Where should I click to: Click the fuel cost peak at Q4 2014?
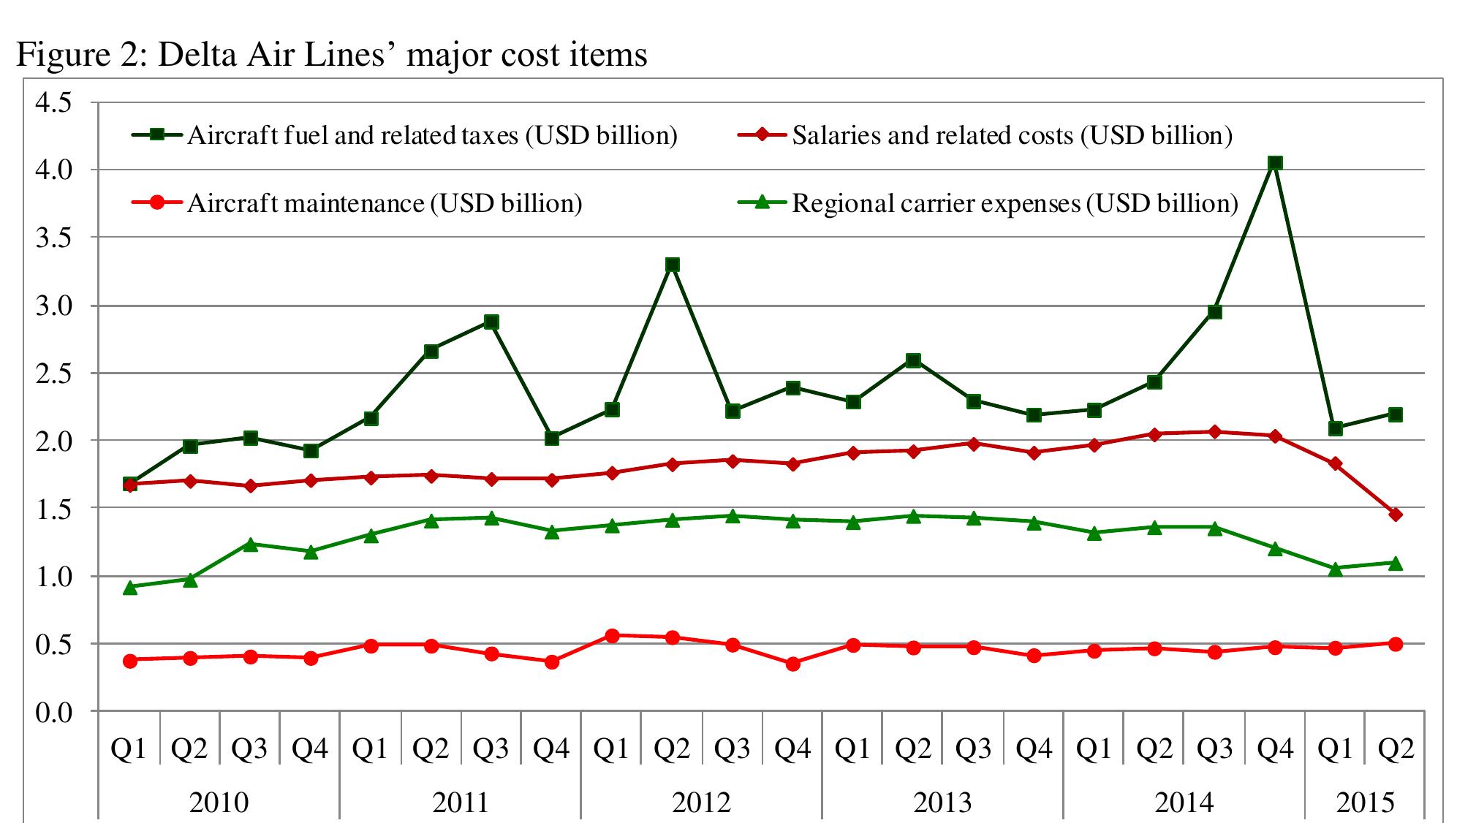tap(1275, 163)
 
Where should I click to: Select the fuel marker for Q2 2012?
tap(673, 265)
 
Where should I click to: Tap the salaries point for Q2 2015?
tap(1395, 515)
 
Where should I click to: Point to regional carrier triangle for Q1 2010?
tap(130, 587)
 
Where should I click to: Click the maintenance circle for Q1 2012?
tap(612, 636)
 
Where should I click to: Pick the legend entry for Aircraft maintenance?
tap(385, 203)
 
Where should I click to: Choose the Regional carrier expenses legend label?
tap(1015, 203)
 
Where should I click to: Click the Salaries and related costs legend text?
tap(1012, 135)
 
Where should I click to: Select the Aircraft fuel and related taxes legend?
tap(431, 135)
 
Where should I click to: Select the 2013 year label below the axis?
tap(942, 802)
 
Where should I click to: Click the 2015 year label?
tap(1365, 802)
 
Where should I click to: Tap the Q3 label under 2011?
tap(491, 748)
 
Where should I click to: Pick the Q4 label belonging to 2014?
tap(1275, 748)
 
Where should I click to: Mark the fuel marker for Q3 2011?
tap(491, 322)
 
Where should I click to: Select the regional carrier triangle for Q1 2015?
tap(1335, 569)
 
